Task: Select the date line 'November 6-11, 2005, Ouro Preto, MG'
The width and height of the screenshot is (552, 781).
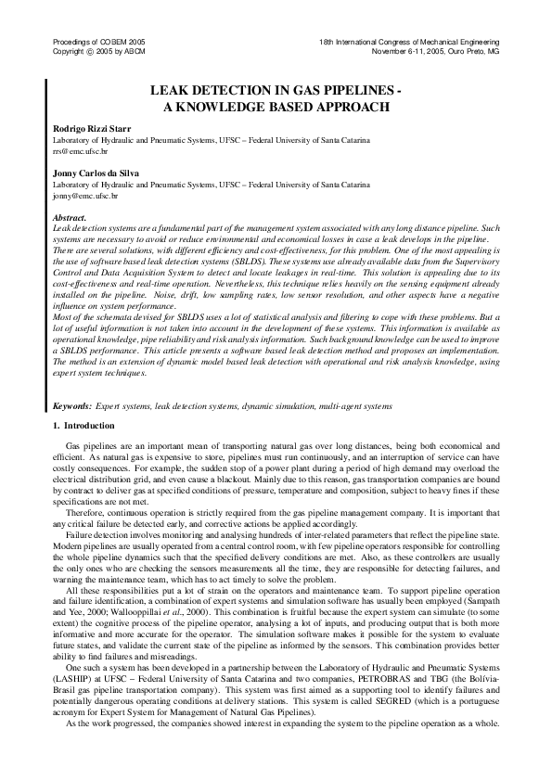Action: click(x=435, y=52)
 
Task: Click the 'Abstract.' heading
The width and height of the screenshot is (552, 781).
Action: click(x=70, y=217)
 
